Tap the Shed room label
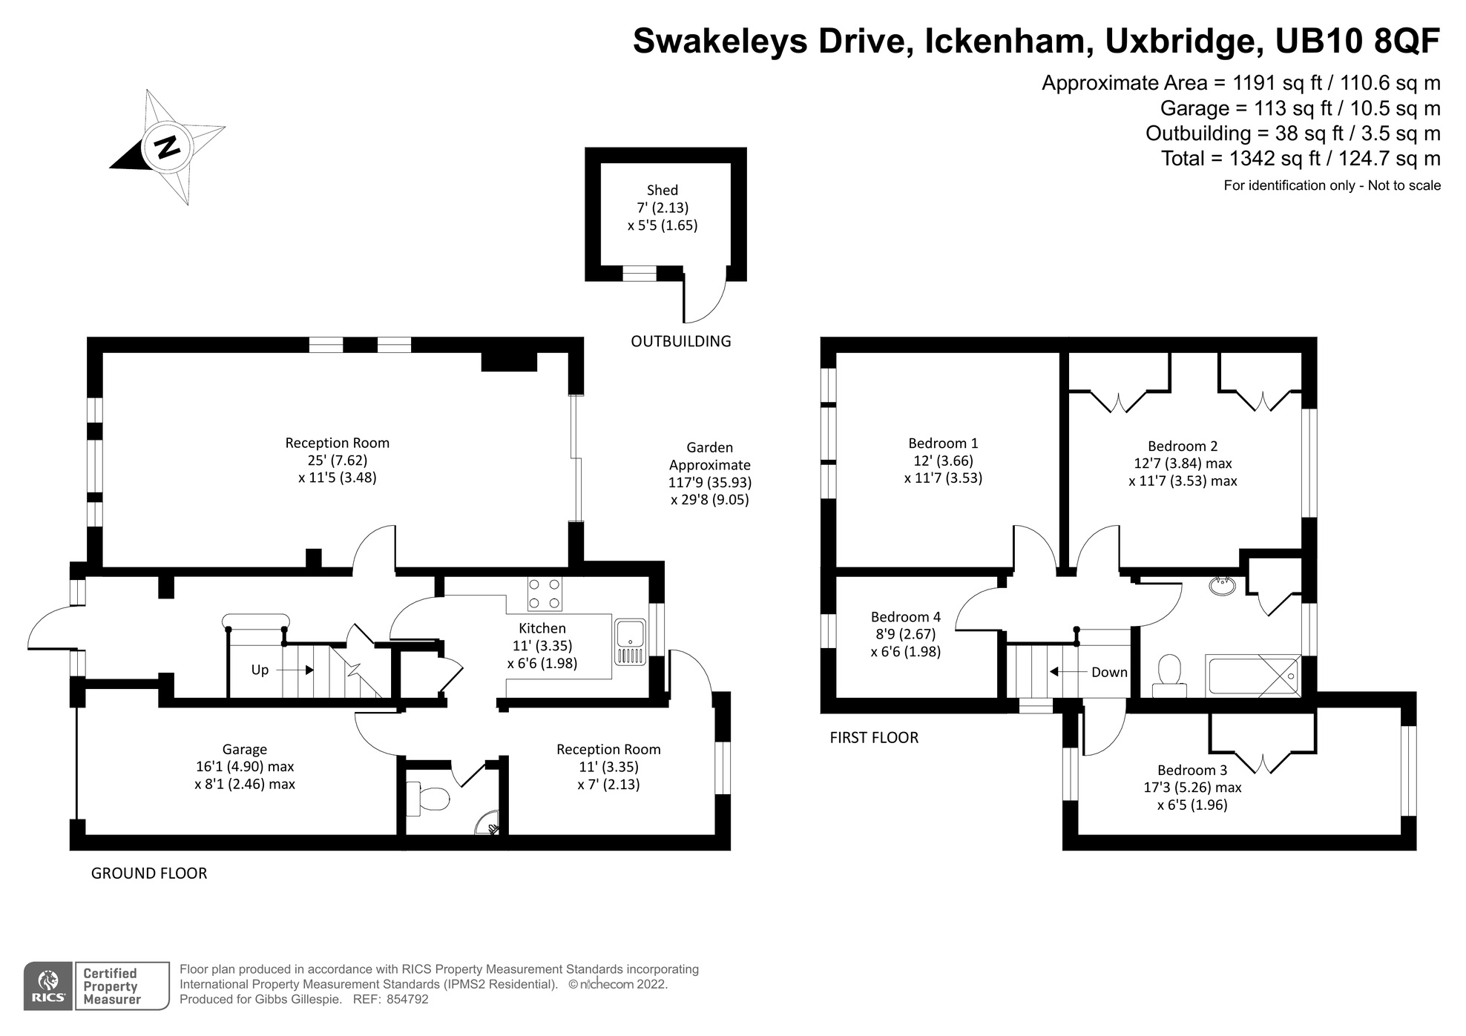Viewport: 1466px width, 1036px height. click(662, 191)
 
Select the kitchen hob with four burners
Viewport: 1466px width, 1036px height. click(544, 594)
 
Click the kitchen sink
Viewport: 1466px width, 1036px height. click(631, 642)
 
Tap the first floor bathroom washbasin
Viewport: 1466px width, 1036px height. click(1223, 587)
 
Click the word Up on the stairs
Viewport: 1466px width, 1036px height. click(260, 670)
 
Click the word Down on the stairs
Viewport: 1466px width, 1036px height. click(1109, 673)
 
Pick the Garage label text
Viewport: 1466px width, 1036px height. click(244, 750)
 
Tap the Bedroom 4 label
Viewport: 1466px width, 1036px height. click(905, 617)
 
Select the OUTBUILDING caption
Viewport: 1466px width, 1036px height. click(680, 341)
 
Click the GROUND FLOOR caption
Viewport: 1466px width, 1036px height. click(148, 874)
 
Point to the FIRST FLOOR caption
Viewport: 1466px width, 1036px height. click(873, 738)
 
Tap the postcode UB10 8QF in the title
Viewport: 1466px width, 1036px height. click(1357, 42)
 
